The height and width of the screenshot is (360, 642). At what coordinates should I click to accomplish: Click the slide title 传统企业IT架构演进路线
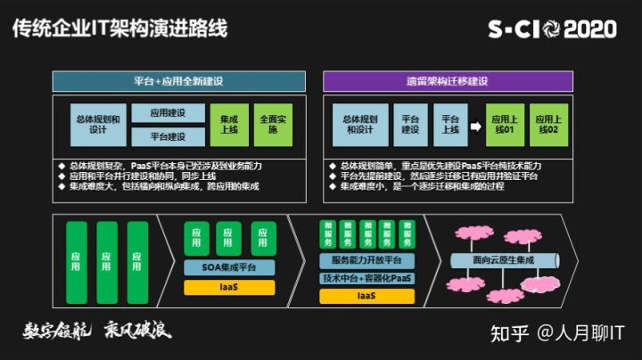[x=119, y=29]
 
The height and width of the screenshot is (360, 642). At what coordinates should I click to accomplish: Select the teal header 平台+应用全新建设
[x=177, y=81]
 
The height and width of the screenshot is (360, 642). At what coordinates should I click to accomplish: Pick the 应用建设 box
[x=168, y=114]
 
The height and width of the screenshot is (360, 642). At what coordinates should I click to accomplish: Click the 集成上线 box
[x=229, y=125]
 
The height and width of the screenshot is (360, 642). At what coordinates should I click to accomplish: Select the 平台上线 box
[x=449, y=125]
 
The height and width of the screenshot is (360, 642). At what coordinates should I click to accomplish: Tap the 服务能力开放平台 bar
[x=366, y=260]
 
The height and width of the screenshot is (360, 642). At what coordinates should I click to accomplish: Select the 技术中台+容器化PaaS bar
[x=366, y=278]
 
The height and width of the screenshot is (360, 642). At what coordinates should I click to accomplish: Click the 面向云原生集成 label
[x=505, y=259]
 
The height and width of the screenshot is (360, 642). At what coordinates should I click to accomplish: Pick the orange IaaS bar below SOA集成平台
[x=229, y=287]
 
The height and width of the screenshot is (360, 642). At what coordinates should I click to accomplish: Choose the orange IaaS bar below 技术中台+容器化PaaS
[x=366, y=295]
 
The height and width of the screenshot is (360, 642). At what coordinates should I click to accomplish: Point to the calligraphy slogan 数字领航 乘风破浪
[x=96, y=331]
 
